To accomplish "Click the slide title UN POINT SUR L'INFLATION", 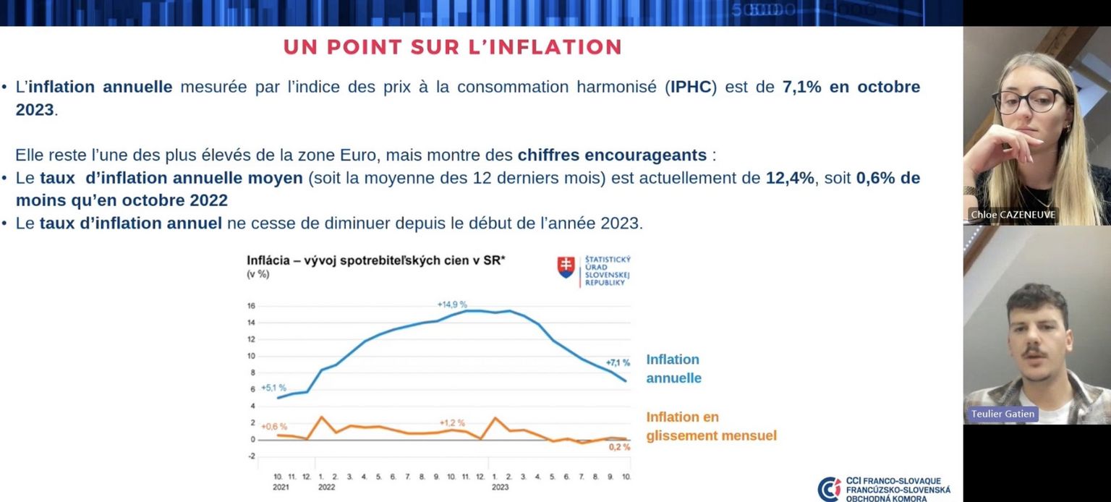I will point(452,47).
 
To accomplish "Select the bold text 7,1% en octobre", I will point(851,88).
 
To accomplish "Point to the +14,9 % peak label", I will point(452,305).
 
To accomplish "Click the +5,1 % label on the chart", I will point(273,388).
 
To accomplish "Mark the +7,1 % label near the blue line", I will point(618,362).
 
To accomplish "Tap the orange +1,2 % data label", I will point(452,422).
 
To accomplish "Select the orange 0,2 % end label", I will point(618,447).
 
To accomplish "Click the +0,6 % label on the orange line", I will point(274,426).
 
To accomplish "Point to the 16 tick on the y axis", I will point(251,306).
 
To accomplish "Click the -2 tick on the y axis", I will point(251,456).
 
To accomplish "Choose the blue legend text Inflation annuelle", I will point(673,369).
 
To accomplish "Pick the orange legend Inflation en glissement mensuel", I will point(711,427).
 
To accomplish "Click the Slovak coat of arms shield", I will point(565,267).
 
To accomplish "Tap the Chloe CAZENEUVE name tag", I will point(1013,215).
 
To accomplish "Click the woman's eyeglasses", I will point(1029,101).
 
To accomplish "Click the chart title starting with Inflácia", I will point(376,260).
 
